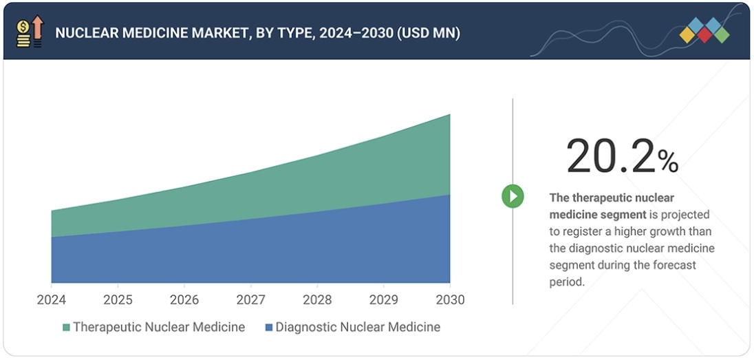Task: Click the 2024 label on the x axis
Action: coord(51,300)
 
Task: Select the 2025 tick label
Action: coord(118,300)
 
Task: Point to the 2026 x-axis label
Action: coord(184,300)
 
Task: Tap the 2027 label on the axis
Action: coord(250,300)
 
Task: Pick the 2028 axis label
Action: coord(317,300)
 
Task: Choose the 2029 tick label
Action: coord(383,300)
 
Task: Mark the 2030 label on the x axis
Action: coord(450,300)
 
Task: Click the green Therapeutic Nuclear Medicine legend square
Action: coord(66,328)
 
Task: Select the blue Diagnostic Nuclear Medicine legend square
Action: coord(269,328)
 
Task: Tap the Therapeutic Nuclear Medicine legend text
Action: coord(159,327)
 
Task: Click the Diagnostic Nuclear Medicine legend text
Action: coord(358,327)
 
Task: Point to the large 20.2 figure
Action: coord(610,156)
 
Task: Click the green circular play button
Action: coord(513,196)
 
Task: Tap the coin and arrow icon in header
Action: coord(30,32)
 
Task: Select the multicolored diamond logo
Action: coord(704,30)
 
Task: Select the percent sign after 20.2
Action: coord(667,162)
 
